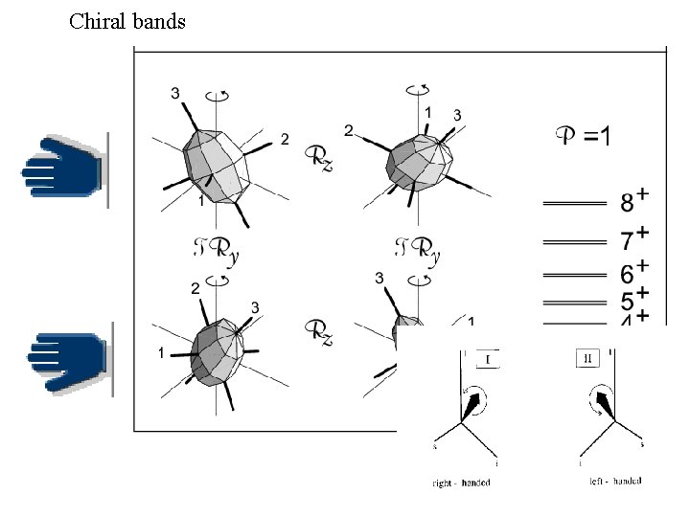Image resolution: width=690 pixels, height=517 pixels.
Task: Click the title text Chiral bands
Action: pos(127,21)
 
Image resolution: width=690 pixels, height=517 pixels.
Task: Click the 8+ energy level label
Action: pos(633,201)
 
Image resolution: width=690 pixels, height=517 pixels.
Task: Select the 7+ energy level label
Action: pos(633,237)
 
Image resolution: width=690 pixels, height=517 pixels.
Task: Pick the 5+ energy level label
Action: pos(633,300)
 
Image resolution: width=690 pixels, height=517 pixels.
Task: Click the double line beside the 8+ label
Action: pos(574,203)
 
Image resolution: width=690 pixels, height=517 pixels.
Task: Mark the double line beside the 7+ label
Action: pos(574,239)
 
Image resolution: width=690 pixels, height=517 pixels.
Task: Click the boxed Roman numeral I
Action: pos(487,360)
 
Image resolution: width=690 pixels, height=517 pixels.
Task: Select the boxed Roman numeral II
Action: pos(586,359)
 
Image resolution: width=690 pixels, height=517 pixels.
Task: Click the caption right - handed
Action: pos(461,483)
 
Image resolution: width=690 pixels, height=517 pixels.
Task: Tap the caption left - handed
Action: pos(615,481)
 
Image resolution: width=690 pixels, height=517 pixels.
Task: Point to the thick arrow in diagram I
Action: pos(473,406)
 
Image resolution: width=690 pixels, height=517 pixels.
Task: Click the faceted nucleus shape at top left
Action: pos(216,163)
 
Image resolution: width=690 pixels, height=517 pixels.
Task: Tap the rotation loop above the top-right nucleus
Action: pos(418,90)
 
